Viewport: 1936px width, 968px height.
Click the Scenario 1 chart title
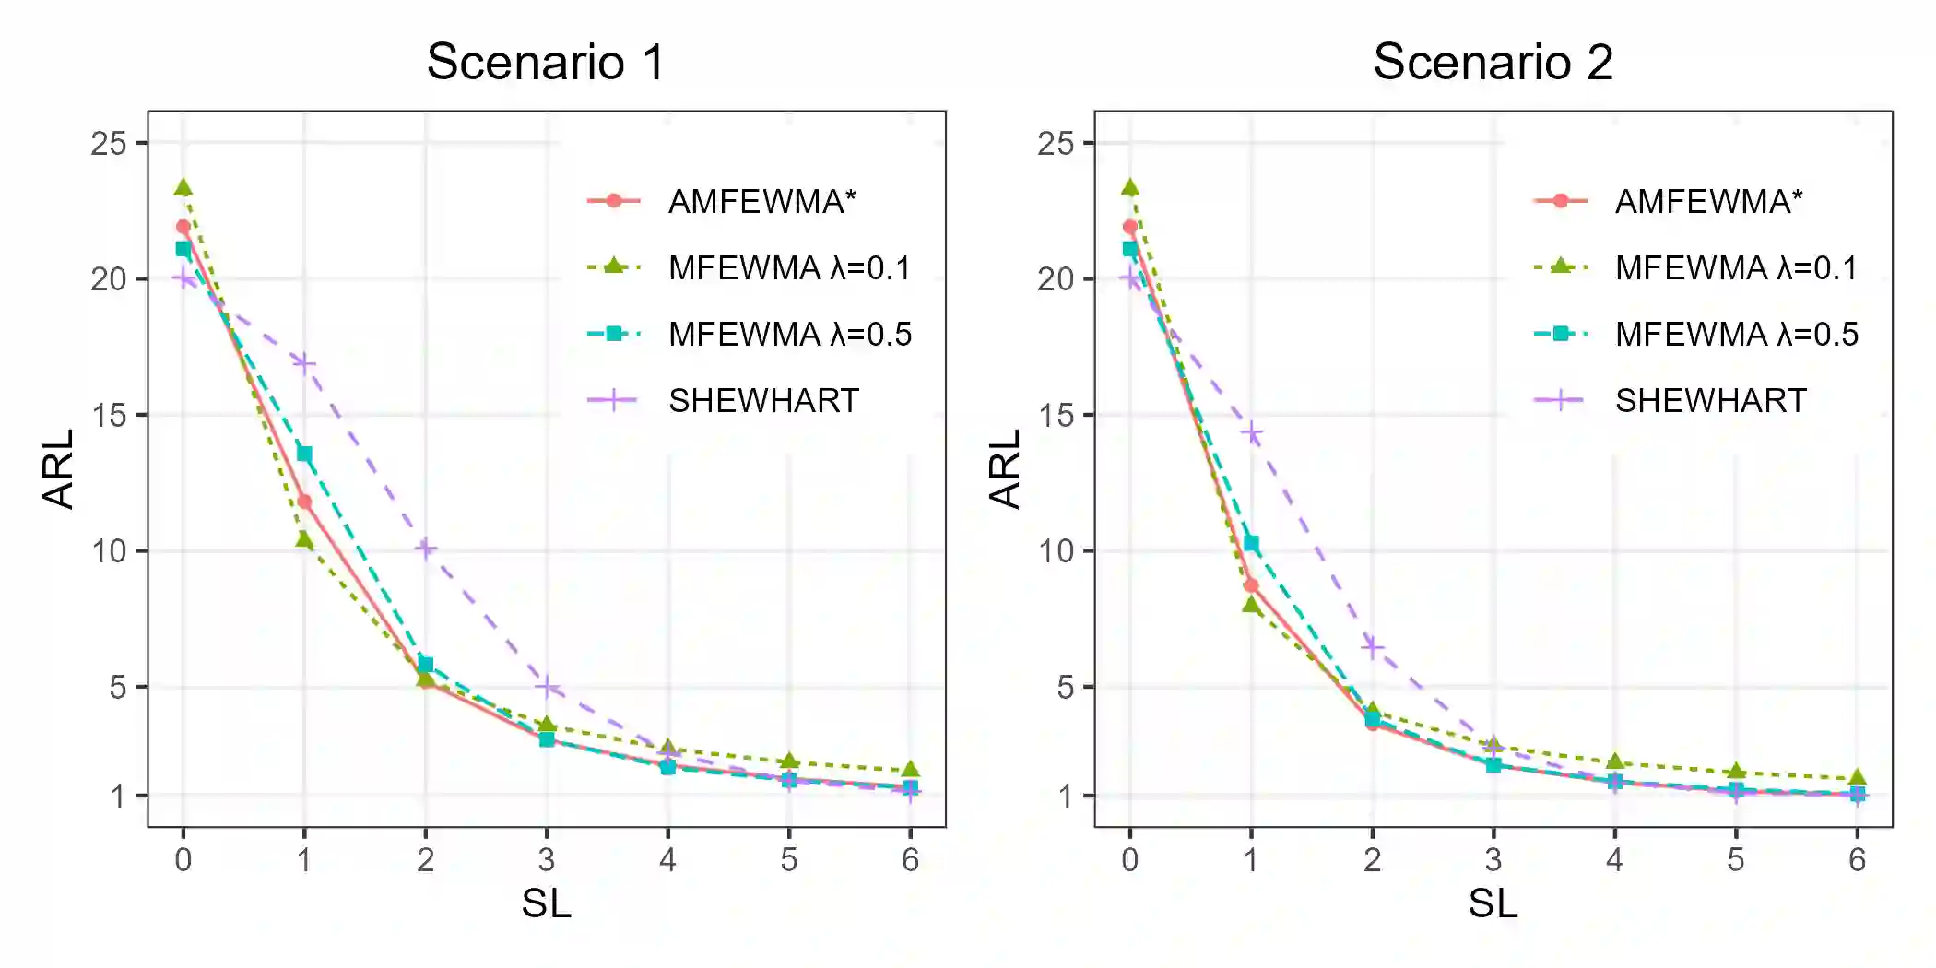click(x=545, y=63)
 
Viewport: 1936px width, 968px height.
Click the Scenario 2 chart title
click(x=1493, y=63)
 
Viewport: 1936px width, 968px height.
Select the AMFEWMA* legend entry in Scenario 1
click(x=761, y=201)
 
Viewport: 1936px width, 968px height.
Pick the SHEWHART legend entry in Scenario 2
click(x=1710, y=400)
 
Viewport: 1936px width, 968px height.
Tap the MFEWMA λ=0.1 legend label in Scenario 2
click(x=1736, y=267)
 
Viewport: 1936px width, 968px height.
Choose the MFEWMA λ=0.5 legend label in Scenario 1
click(x=789, y=334)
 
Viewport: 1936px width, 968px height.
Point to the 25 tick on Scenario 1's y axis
click(x=109, y=143)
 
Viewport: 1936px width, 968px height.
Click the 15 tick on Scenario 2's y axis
click(x=1056, y=415)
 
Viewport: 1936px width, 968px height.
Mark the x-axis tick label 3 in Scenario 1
click(x=547, y=860)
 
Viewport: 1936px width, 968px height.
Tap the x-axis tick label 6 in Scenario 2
click(x=1857, y=860)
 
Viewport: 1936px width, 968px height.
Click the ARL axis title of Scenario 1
click(x=58, y=468)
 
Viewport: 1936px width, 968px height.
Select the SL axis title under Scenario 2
click(x=1493, y=903)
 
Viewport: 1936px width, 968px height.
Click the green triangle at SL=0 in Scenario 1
click(x=183, y=188)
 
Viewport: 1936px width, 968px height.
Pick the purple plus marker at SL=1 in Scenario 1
click(x=304, y=363)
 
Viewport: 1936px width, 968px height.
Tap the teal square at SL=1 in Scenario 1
click(x=304, y=454)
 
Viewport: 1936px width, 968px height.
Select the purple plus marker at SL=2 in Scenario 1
click(x=425, y=549)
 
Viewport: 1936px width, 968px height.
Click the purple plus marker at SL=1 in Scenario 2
click(x=1251, y=432)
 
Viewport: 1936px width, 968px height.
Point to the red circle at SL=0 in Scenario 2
click(x=1130, y=227)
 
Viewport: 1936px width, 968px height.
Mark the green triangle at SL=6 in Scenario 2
click(x=1857, y=778)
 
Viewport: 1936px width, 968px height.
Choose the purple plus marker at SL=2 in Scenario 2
click(x=1373, y=646)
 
